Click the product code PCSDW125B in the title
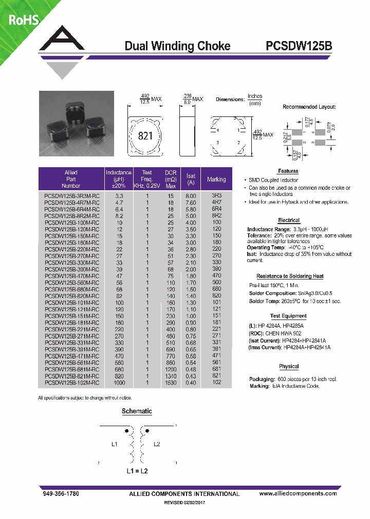point(299,46)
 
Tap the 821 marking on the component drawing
point(146,136)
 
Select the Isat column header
point(191,179)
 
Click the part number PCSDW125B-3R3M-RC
point(72,196)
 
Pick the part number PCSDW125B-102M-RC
point(72,383)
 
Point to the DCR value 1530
point(170,383)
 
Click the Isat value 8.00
point(191,196)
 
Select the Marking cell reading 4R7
point(216,203)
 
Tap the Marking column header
point(216,179)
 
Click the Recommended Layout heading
point(309,107)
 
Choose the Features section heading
point(288,171)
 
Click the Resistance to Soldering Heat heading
point(290,276)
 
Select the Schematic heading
point(137,411)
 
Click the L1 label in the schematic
point(115,444)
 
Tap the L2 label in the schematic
point(157,444)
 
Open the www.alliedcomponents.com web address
point(298,493)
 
